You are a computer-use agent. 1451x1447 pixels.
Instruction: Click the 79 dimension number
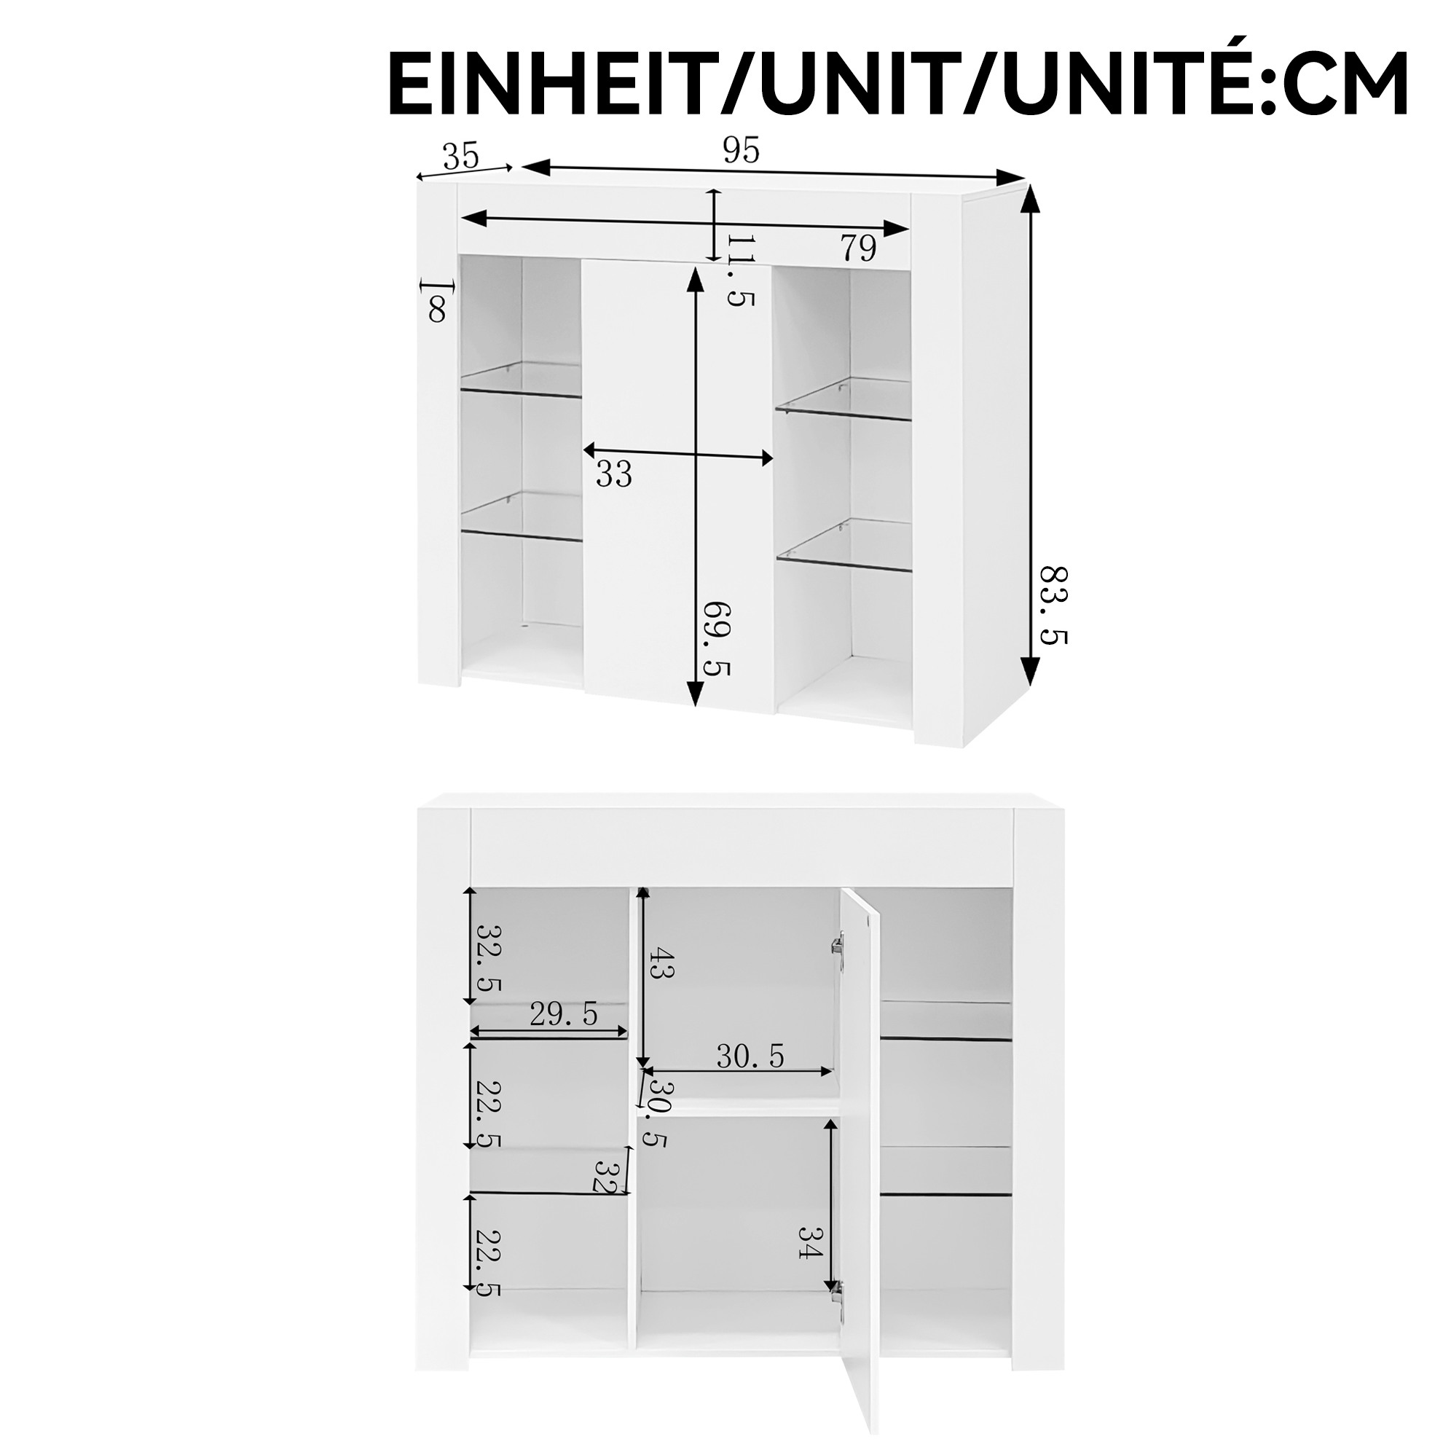857,247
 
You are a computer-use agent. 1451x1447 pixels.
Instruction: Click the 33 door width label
613,474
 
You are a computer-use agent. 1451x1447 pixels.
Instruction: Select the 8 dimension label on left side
436,309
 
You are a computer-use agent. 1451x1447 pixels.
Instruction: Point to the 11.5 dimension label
739,270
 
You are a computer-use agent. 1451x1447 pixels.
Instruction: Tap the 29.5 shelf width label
563,1014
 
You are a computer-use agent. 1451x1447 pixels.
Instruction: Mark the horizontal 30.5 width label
750,1056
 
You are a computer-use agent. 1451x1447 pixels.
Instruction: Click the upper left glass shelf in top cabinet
522,380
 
